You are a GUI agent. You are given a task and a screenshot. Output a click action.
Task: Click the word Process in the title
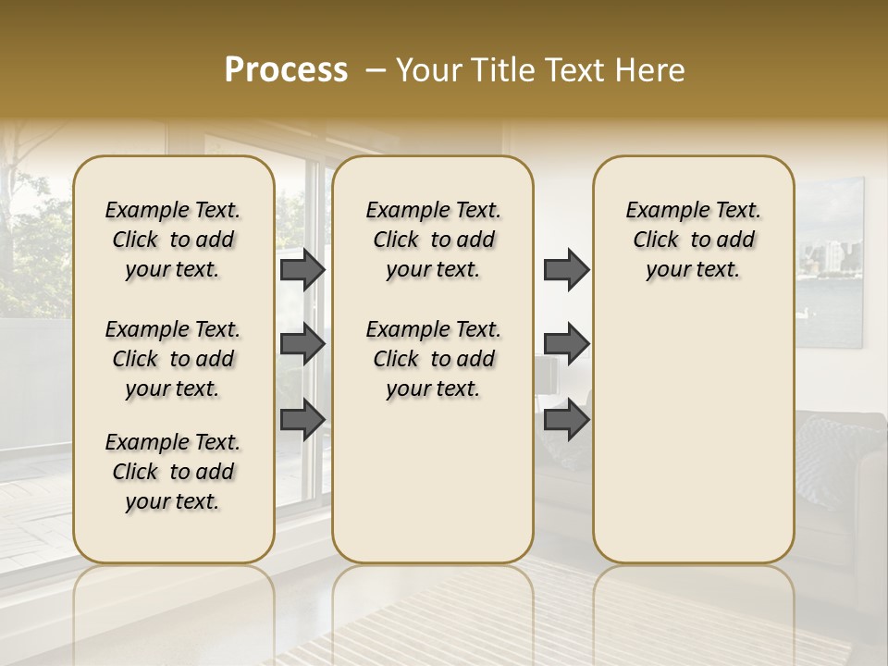pos(285,70)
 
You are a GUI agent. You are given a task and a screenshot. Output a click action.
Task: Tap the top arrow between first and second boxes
pos(302,270)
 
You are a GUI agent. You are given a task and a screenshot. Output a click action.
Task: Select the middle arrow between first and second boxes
pos(302,344)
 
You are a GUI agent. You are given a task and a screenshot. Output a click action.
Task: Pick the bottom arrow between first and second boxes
pos(302,419)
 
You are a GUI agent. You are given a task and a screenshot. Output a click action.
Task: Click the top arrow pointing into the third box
pos(566,270)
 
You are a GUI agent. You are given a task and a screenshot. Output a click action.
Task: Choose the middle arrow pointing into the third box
pos(566,344)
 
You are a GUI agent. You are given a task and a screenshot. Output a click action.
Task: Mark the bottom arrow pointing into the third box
pos(566,419)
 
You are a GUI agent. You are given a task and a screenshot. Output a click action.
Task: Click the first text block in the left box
pos(173,240)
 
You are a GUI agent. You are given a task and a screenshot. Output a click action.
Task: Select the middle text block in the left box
pos(173,359)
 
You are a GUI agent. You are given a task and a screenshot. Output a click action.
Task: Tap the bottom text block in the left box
pos(173,472)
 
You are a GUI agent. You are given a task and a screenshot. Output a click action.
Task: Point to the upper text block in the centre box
pos(433,240)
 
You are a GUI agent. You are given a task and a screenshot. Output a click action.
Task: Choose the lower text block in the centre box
pos(433,359)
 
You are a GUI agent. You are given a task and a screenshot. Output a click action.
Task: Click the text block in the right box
pos(693,240)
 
